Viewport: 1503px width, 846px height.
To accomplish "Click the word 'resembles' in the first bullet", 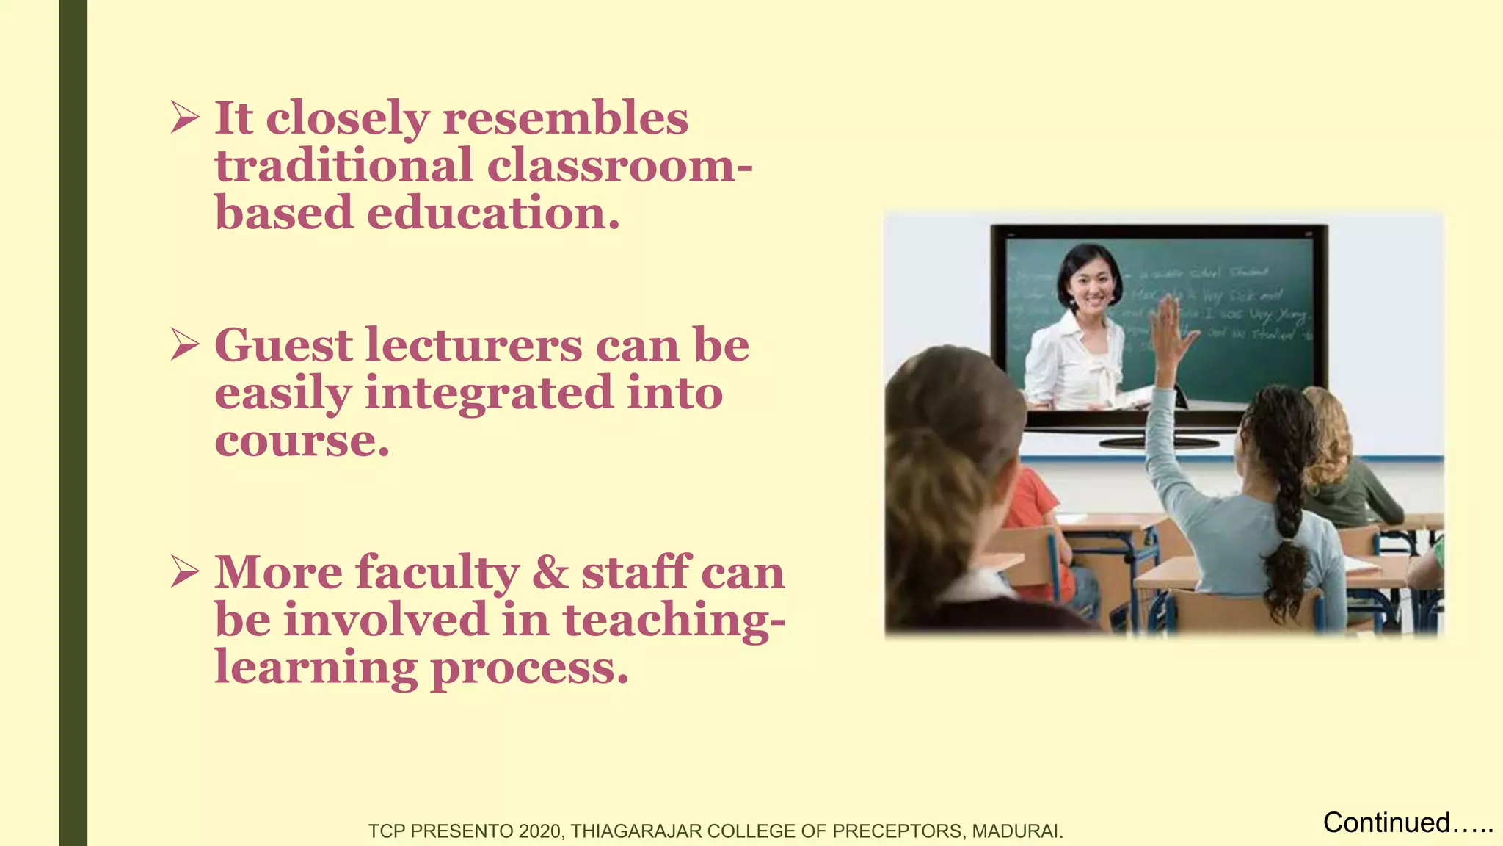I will tap(566, 118).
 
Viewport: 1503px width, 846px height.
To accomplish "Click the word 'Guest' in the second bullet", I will tap(283, 345).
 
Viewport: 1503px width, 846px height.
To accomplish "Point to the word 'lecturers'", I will tap(474, 345).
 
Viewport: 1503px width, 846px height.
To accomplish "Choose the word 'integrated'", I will tap(488, 393).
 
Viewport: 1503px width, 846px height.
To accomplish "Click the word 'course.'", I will tap(302, 441).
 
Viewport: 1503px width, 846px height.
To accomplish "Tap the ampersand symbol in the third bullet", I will tap(550, 573).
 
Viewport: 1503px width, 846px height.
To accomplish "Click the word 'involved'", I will tap(386, 620).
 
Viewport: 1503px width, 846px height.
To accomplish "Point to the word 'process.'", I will tap(529, 668).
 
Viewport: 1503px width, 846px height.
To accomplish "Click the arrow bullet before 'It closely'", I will tap(185, 117).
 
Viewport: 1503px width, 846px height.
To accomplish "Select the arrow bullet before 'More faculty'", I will tap(185, 571).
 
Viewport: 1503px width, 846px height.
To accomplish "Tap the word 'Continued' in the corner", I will tap(1386, 822).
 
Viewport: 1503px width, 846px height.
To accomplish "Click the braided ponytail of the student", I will tap(1289, 514).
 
